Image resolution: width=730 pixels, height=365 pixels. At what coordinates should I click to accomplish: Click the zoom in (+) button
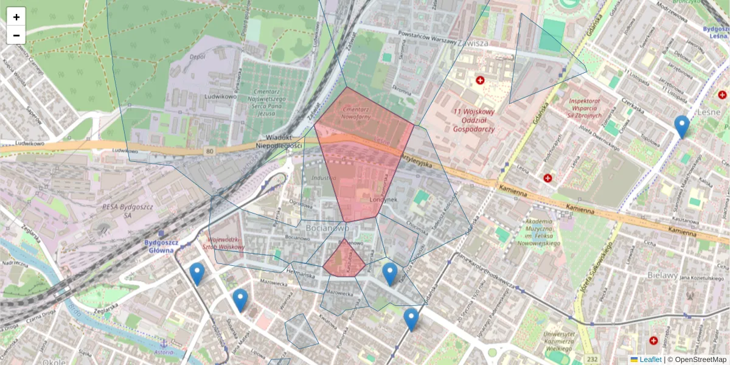click(16, 17)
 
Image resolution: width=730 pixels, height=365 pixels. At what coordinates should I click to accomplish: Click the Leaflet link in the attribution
click(650, 360)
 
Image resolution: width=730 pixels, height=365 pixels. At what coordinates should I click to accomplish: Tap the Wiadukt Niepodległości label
click(279, 142)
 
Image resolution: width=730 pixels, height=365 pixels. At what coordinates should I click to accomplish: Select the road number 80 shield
click(210, 150)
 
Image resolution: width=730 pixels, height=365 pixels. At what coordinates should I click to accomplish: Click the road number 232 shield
click(592, 360)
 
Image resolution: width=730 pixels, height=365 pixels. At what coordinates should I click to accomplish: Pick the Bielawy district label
click(661, 276)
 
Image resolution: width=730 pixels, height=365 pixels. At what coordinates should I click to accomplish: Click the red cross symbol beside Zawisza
click(481, 80)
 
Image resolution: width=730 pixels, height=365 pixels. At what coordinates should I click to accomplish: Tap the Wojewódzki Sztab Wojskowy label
click(226, 243)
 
